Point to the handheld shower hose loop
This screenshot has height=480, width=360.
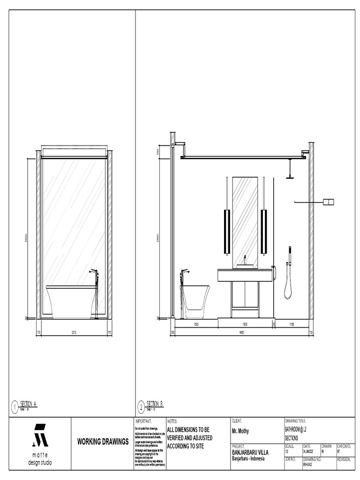click(288, 286)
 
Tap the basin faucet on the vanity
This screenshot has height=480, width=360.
click(245, 260)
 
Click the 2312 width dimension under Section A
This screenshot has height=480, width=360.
click(74, 333)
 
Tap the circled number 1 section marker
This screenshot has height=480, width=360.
click(15, 406)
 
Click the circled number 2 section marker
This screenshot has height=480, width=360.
click(141, 406)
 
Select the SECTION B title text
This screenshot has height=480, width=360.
click(155, 403)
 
